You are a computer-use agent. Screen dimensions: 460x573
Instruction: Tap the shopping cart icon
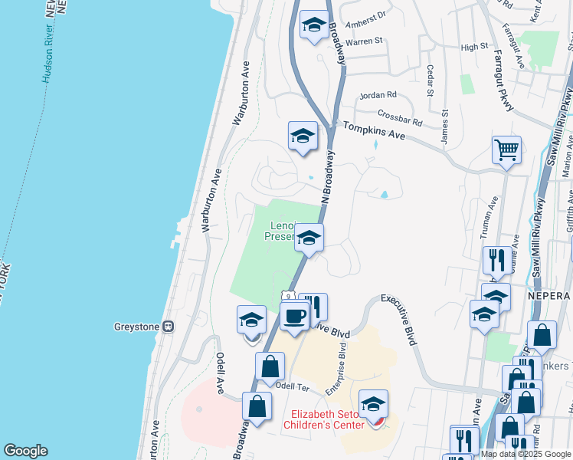click(x=506, y=149)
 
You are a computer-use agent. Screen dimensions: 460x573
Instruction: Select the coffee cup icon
click(x=294, y=315)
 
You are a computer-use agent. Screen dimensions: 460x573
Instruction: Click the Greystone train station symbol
click(x=167, y=327)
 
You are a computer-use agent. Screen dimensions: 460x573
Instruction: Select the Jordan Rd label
click(x=379, y=96)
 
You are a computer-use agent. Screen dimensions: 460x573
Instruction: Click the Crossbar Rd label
click(x=400, y=120)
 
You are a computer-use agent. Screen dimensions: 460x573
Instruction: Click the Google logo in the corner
click(x=25, y=450)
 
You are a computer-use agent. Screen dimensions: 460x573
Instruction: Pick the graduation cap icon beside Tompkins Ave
click(x=303, y=136)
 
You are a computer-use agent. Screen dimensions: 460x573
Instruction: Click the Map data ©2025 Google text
click(x=526, y=454)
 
